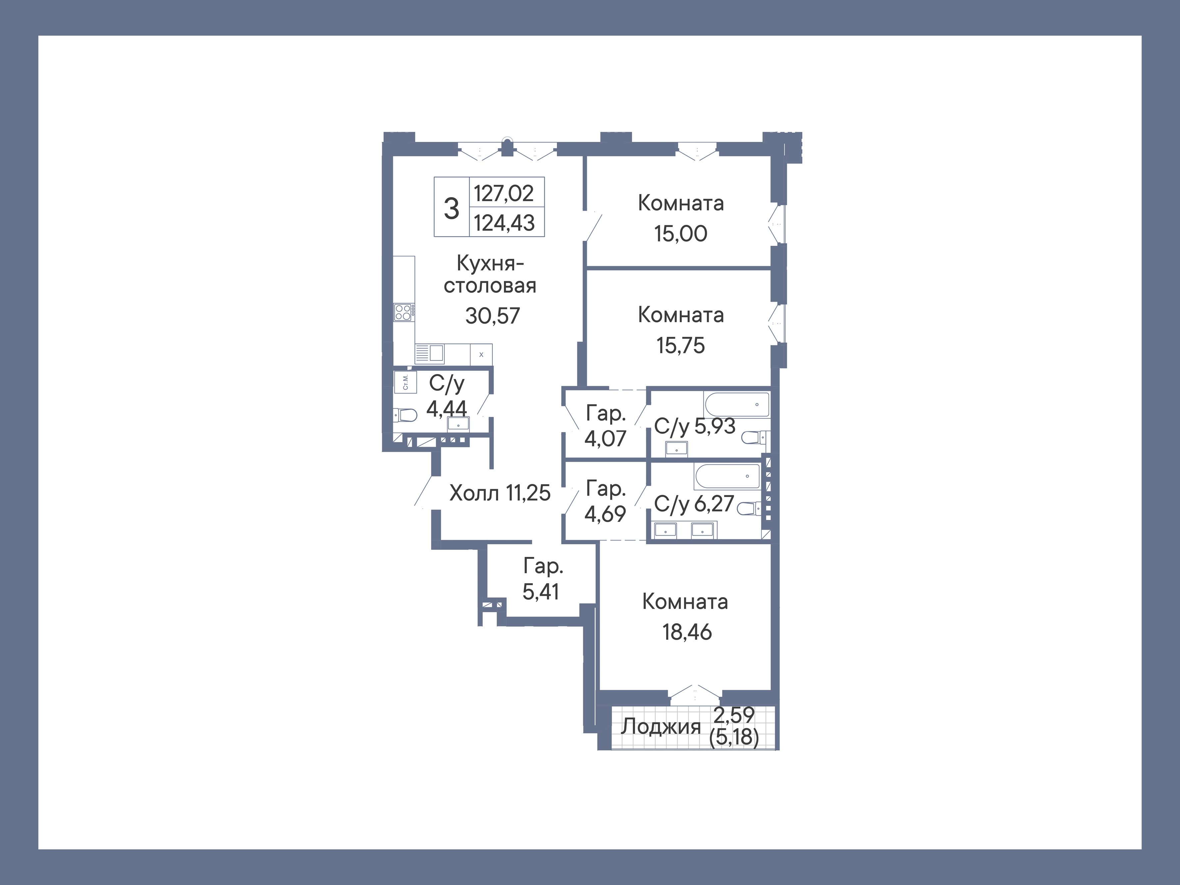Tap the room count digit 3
point(451,208)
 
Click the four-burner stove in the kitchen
point(403,312)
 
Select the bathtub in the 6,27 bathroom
point(727,476)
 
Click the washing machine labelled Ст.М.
point(405,382)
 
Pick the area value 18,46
point(686,632)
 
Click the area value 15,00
point(681,233)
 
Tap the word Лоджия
point(660,726)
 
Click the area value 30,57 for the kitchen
point(492,316)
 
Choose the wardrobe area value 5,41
point(541,592)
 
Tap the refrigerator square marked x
point(481,354)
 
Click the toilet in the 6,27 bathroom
point(748,508)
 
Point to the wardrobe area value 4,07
point(605,438)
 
